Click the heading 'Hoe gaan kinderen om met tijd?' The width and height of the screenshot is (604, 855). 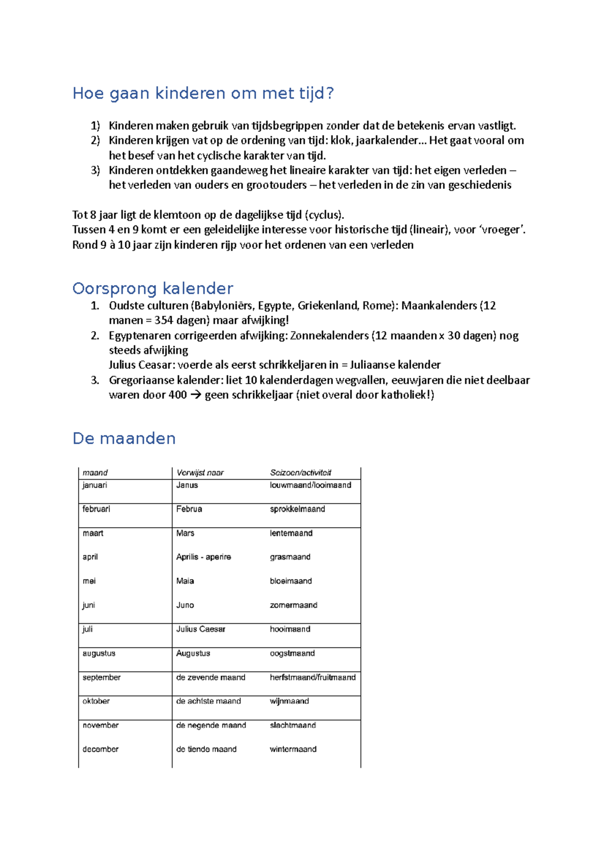[203, 94]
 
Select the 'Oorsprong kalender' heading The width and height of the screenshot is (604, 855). [153, 289]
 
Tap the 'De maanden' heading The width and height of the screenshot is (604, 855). [124, 439]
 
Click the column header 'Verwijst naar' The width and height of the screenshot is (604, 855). [200, 473]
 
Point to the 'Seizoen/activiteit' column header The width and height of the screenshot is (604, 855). [300, 473]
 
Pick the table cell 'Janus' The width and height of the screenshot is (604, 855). [187, 485]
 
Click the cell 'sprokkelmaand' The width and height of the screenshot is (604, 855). [297, 509]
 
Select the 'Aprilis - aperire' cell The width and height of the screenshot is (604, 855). [203, 557]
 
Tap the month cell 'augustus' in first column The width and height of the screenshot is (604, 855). [99, 654]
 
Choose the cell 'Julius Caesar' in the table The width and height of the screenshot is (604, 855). [200, 629]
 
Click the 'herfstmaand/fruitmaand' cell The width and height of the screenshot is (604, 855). [312, 678]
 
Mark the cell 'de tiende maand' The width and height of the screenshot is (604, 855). [206, 749]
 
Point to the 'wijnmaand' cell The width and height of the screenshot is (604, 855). [289, 701]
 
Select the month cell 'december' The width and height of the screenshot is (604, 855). [100, 749]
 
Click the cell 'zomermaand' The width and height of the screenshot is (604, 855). [293, 605]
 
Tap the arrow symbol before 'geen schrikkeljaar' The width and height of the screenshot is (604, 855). [195, 395]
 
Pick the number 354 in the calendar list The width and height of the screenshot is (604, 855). [164, 320]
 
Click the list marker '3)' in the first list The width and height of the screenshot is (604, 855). [95, 170]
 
